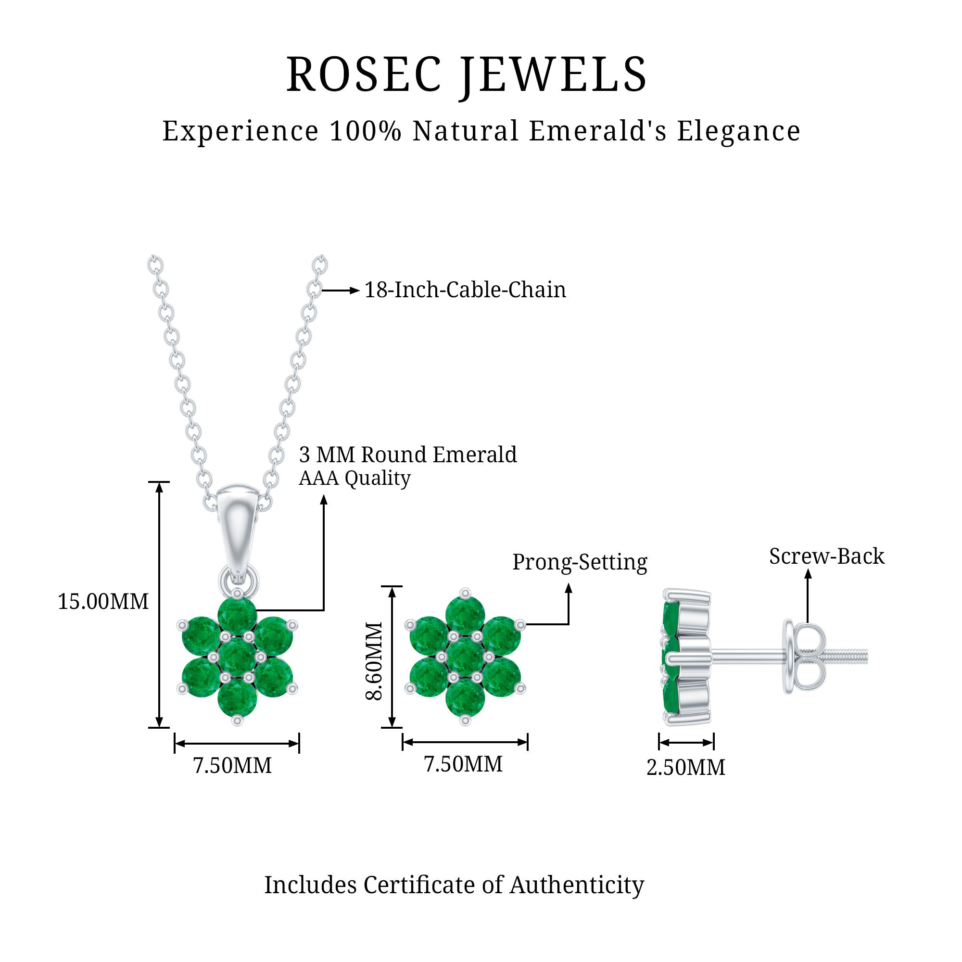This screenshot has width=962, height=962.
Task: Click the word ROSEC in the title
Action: point(364,75)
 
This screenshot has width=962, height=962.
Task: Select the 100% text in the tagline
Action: point(365,131)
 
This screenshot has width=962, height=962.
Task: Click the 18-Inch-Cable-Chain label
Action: point(465,290)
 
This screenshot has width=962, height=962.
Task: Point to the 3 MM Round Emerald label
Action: point(407,455)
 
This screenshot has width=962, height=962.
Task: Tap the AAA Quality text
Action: point(354,479)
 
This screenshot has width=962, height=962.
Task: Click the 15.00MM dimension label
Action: point(103,602)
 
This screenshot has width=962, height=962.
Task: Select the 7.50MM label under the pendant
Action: point(232,766)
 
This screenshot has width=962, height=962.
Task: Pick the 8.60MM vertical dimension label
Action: point(374,661)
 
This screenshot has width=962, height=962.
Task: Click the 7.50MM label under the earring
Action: point(463,764)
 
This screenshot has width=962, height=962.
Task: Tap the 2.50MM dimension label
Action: point(685,767)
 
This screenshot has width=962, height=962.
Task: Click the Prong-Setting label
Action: point(580,562)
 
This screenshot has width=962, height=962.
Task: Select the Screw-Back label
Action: point(826,556)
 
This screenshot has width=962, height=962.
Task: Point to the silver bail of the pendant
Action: point(237,528)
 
